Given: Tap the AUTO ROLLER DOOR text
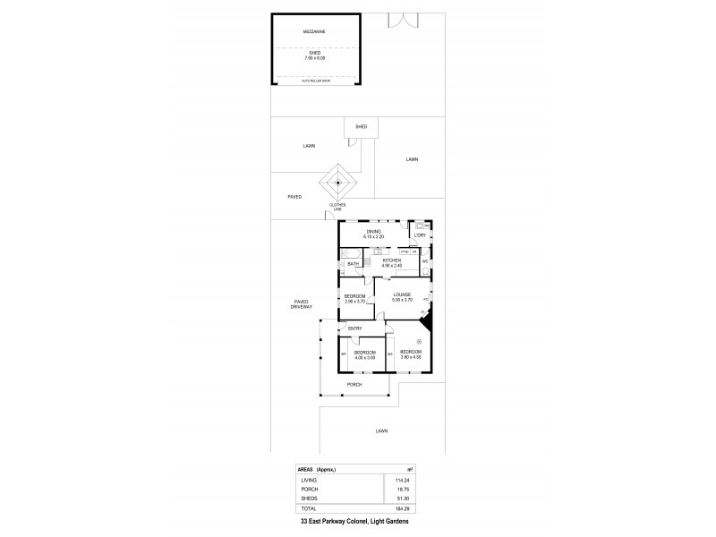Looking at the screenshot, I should [314, 81].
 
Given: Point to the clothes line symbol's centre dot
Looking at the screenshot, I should [338, 183].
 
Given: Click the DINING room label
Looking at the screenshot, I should [373, 231].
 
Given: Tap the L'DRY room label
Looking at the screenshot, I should [419, 236].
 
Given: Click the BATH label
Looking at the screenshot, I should [353, 264].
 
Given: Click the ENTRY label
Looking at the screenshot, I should [355, 328].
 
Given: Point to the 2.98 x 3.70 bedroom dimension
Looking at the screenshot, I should [355, 302].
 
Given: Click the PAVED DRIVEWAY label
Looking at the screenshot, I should [301, 304].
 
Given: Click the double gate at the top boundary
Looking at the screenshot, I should [404, 21].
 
